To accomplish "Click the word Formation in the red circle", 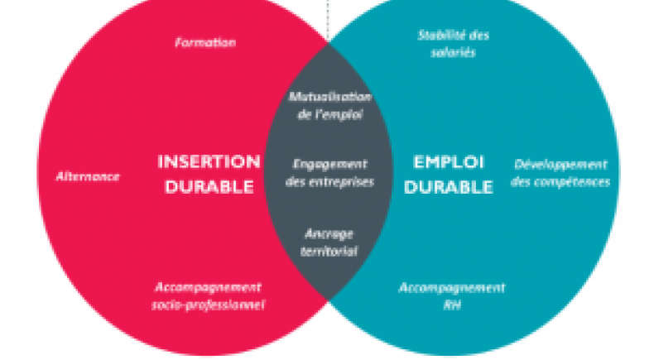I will pos(205,42).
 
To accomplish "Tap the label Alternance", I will pos(88,176).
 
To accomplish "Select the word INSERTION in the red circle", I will pos(209,161).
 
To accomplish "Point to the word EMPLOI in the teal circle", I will pos(449,161).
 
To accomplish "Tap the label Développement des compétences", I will pos(560,173).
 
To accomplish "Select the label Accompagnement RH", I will pos(452,296).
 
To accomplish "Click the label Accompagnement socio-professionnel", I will pos(209,296).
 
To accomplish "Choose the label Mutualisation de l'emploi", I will pos(329,105).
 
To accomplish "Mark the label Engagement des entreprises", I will pos(329,172).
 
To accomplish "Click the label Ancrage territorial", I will pos(329,241).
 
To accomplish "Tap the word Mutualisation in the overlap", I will pos(329,97).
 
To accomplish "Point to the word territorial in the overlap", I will pos(329,250).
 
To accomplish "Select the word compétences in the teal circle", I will pos(560,182).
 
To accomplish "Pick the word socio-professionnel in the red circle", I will pos(209,305).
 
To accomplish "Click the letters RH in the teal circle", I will pos(452,305).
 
